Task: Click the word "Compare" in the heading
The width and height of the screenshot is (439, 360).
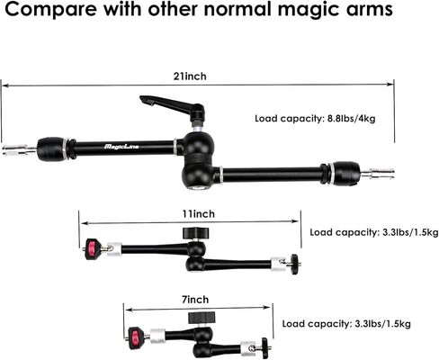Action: pyautogui.click(x=50, y=10)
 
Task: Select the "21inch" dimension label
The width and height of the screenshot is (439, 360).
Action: pyautogui.click(x=190, y=76)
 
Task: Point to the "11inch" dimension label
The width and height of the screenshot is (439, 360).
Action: pyautogui.click(x=199, y=214)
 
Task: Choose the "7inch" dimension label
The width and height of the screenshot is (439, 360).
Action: pyautogui.click(x=195, y=300)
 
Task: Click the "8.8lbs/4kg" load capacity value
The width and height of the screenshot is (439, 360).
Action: pyautogui.click(x=351, y=119)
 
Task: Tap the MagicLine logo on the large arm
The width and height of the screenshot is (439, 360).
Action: pyautogui.click(x=121, y=147)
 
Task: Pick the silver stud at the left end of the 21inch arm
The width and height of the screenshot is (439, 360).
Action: pyautogui.click(x=19, y=149)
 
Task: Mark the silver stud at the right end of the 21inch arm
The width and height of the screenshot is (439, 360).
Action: pyautogui.click(x=377, y=174)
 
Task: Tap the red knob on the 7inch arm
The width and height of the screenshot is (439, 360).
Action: pyautogui.click(x=134, y=337)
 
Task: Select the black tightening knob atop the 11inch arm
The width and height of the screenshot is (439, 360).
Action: pyautogui.click(x=195, y=232)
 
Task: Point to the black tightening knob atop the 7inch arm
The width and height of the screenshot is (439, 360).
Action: pyautogui.click(x=202, y=318)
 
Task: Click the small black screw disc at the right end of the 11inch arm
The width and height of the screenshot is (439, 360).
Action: pyautogui.click(x=295, y=264)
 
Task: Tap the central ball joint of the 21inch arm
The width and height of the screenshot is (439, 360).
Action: pyautogui.click(x=198, y=160)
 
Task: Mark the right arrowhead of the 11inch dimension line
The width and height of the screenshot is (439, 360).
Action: pyautogui.click(x=295, y=221)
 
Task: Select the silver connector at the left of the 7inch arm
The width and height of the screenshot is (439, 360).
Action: pyautogui.click(x=157, y=336)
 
